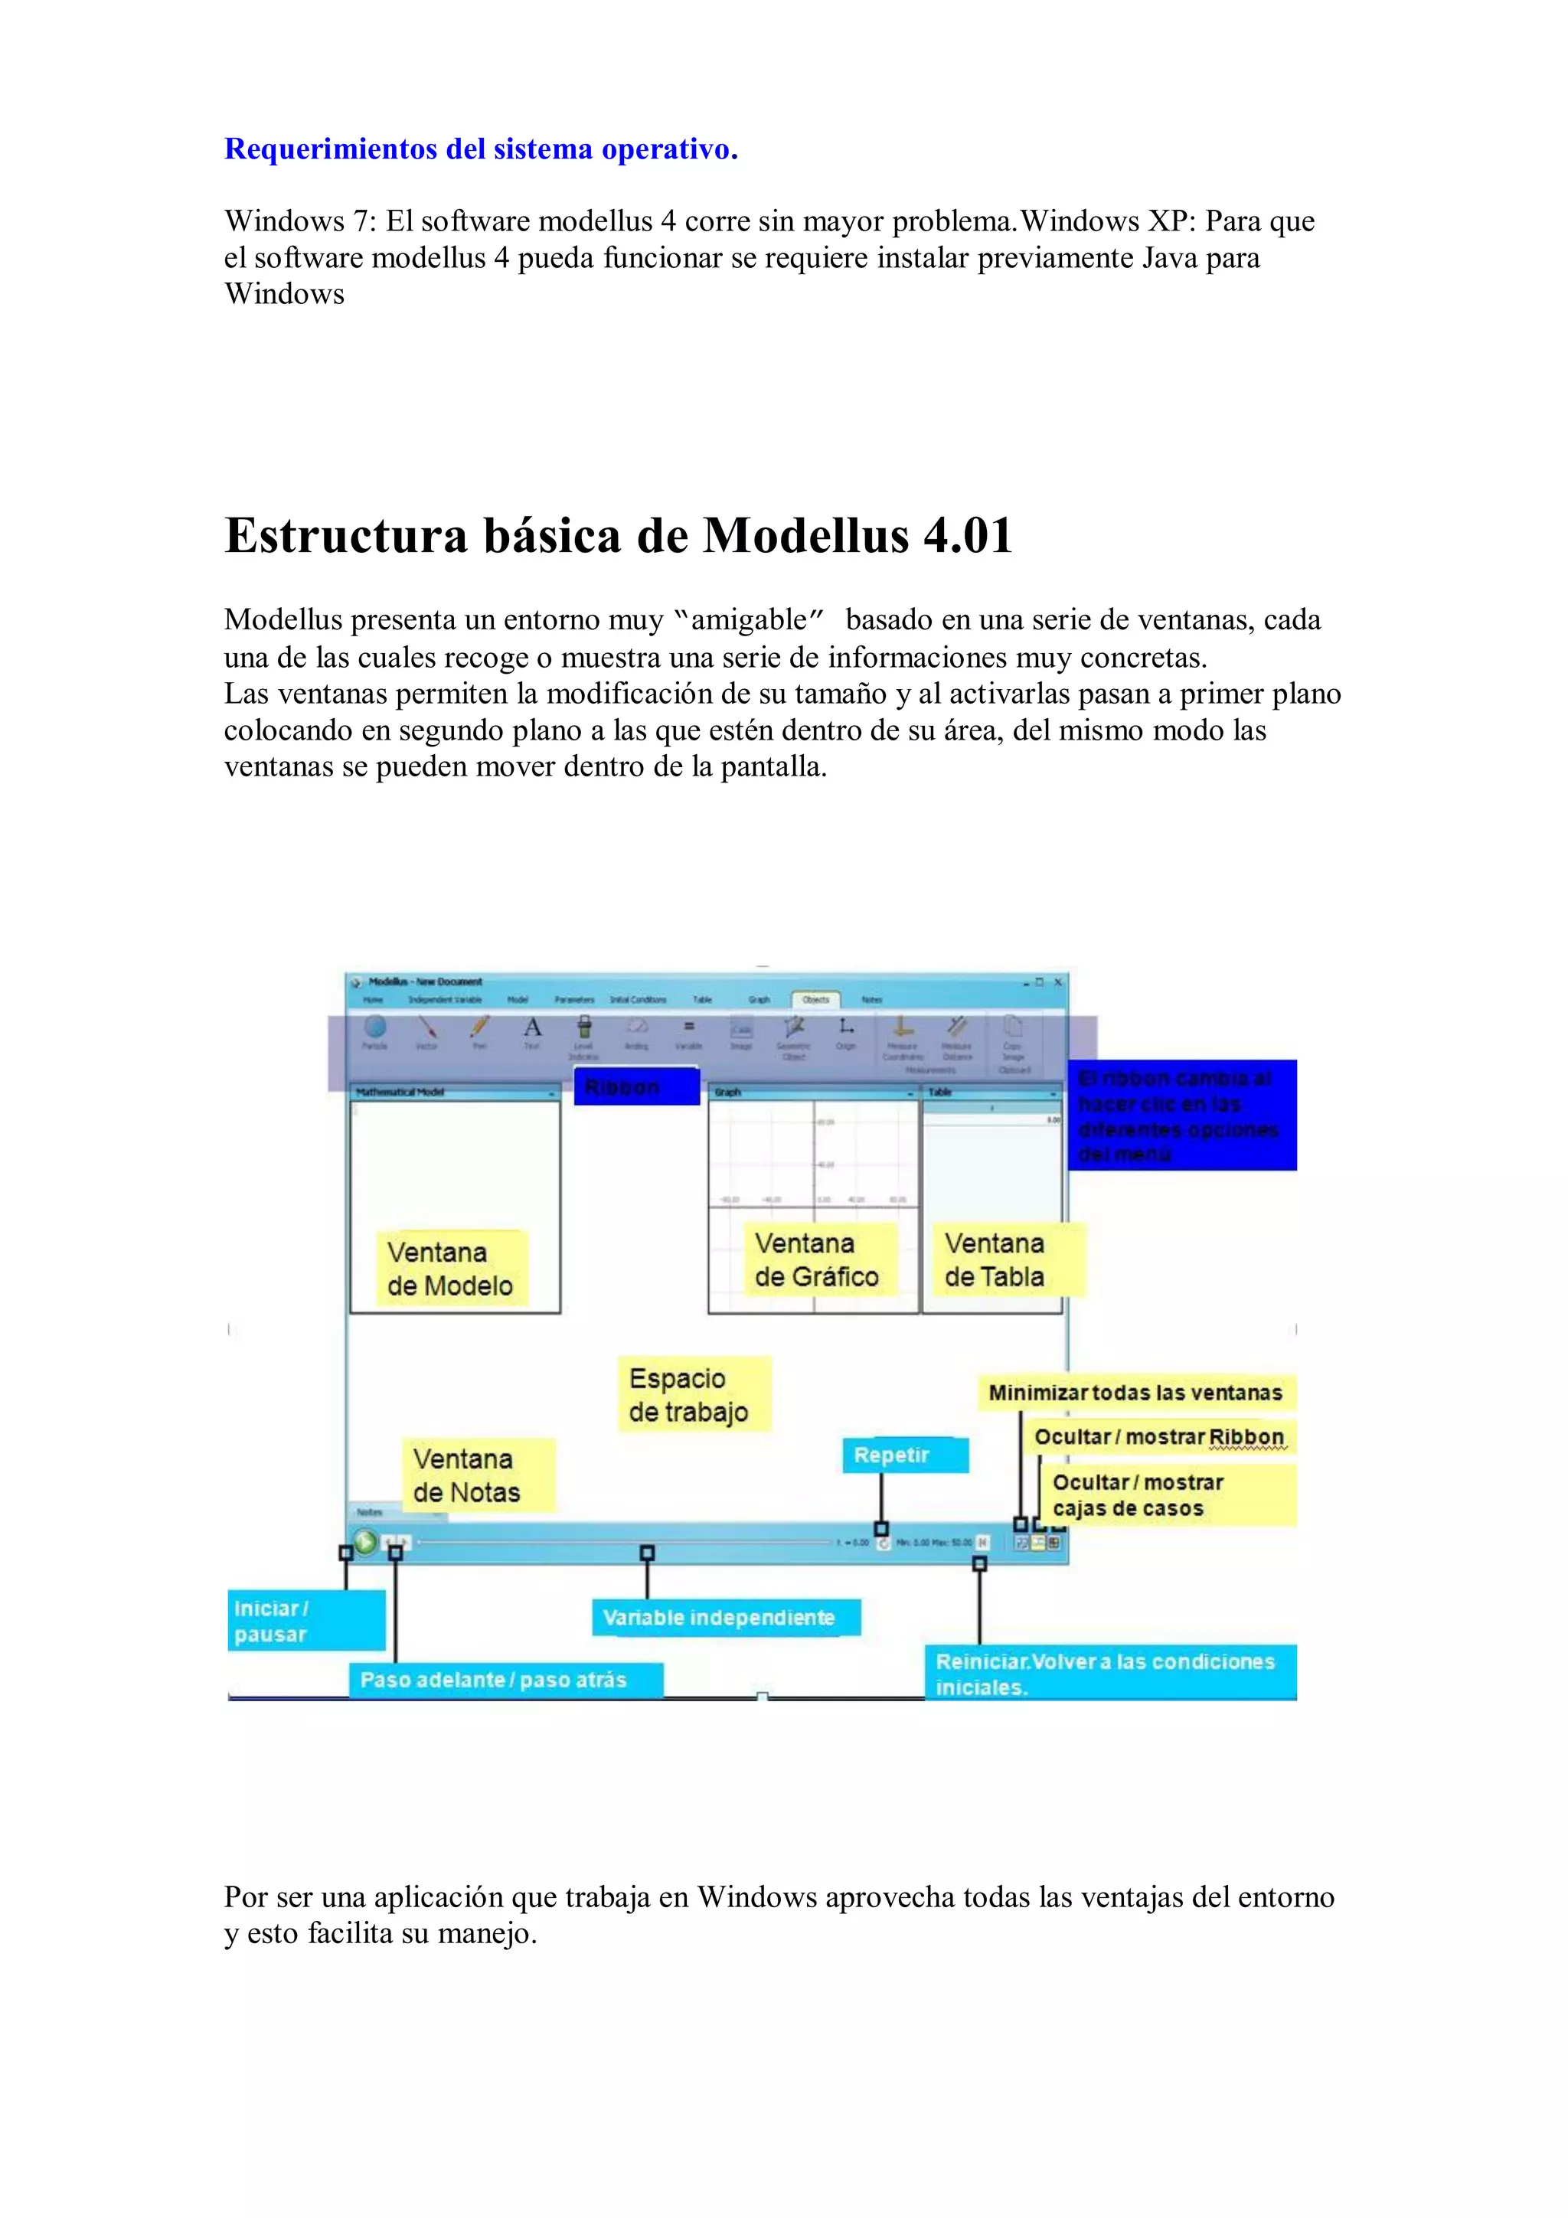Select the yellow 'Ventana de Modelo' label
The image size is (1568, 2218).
click(x=450, y=1269)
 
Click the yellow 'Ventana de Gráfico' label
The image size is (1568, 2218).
click(x=816, y=1259)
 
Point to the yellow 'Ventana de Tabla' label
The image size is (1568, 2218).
click(x=995, y=1259)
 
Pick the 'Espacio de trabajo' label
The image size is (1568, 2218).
click(x=689, y=1395)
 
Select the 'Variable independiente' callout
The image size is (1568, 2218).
click(x=720, y=1617)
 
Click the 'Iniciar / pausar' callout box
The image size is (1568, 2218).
click(x=305, y=1620)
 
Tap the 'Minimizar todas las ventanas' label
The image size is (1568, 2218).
click(x=1135, y=1393)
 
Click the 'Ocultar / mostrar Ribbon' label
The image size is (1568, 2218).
click(x=1158, y=1437)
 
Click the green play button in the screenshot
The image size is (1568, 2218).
click(x=365, y=1542)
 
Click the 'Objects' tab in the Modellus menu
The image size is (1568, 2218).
click(x=815, y=1000)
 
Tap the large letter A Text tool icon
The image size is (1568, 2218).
click(x=532, y=1028)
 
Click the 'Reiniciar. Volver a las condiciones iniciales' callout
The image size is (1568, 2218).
click(x=1106, y=1673)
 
